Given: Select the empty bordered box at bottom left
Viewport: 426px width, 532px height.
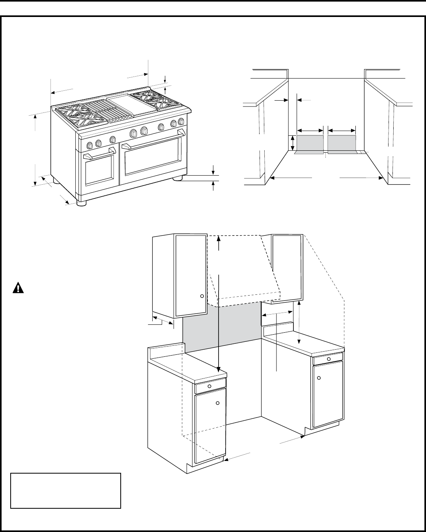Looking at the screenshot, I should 65,491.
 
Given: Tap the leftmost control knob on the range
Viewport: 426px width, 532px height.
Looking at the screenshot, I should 90,145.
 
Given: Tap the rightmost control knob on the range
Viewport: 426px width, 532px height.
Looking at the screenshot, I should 181,121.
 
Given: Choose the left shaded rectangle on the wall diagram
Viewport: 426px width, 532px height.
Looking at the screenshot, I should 310,143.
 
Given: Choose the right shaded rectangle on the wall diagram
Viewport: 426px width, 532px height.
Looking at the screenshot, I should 342,143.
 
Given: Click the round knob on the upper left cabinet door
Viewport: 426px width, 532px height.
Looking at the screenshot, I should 202,296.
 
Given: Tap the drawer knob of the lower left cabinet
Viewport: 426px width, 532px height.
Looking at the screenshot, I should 209,386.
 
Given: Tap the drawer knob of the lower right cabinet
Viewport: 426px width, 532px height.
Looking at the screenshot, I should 329,359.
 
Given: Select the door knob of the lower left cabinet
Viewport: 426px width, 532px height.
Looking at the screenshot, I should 217,403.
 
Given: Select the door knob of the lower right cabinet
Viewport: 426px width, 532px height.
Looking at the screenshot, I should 319,378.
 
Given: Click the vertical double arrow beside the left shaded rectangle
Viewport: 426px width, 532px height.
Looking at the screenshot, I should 293,143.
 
